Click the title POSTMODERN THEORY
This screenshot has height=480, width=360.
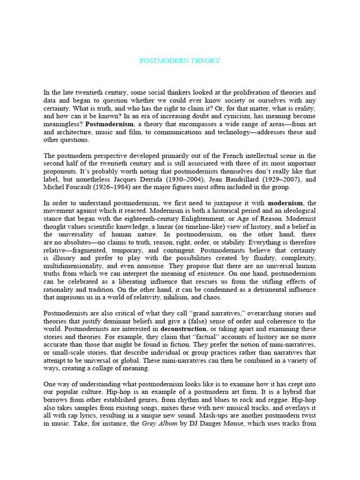point(180,61)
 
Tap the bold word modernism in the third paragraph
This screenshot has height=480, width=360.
point(285,203)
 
